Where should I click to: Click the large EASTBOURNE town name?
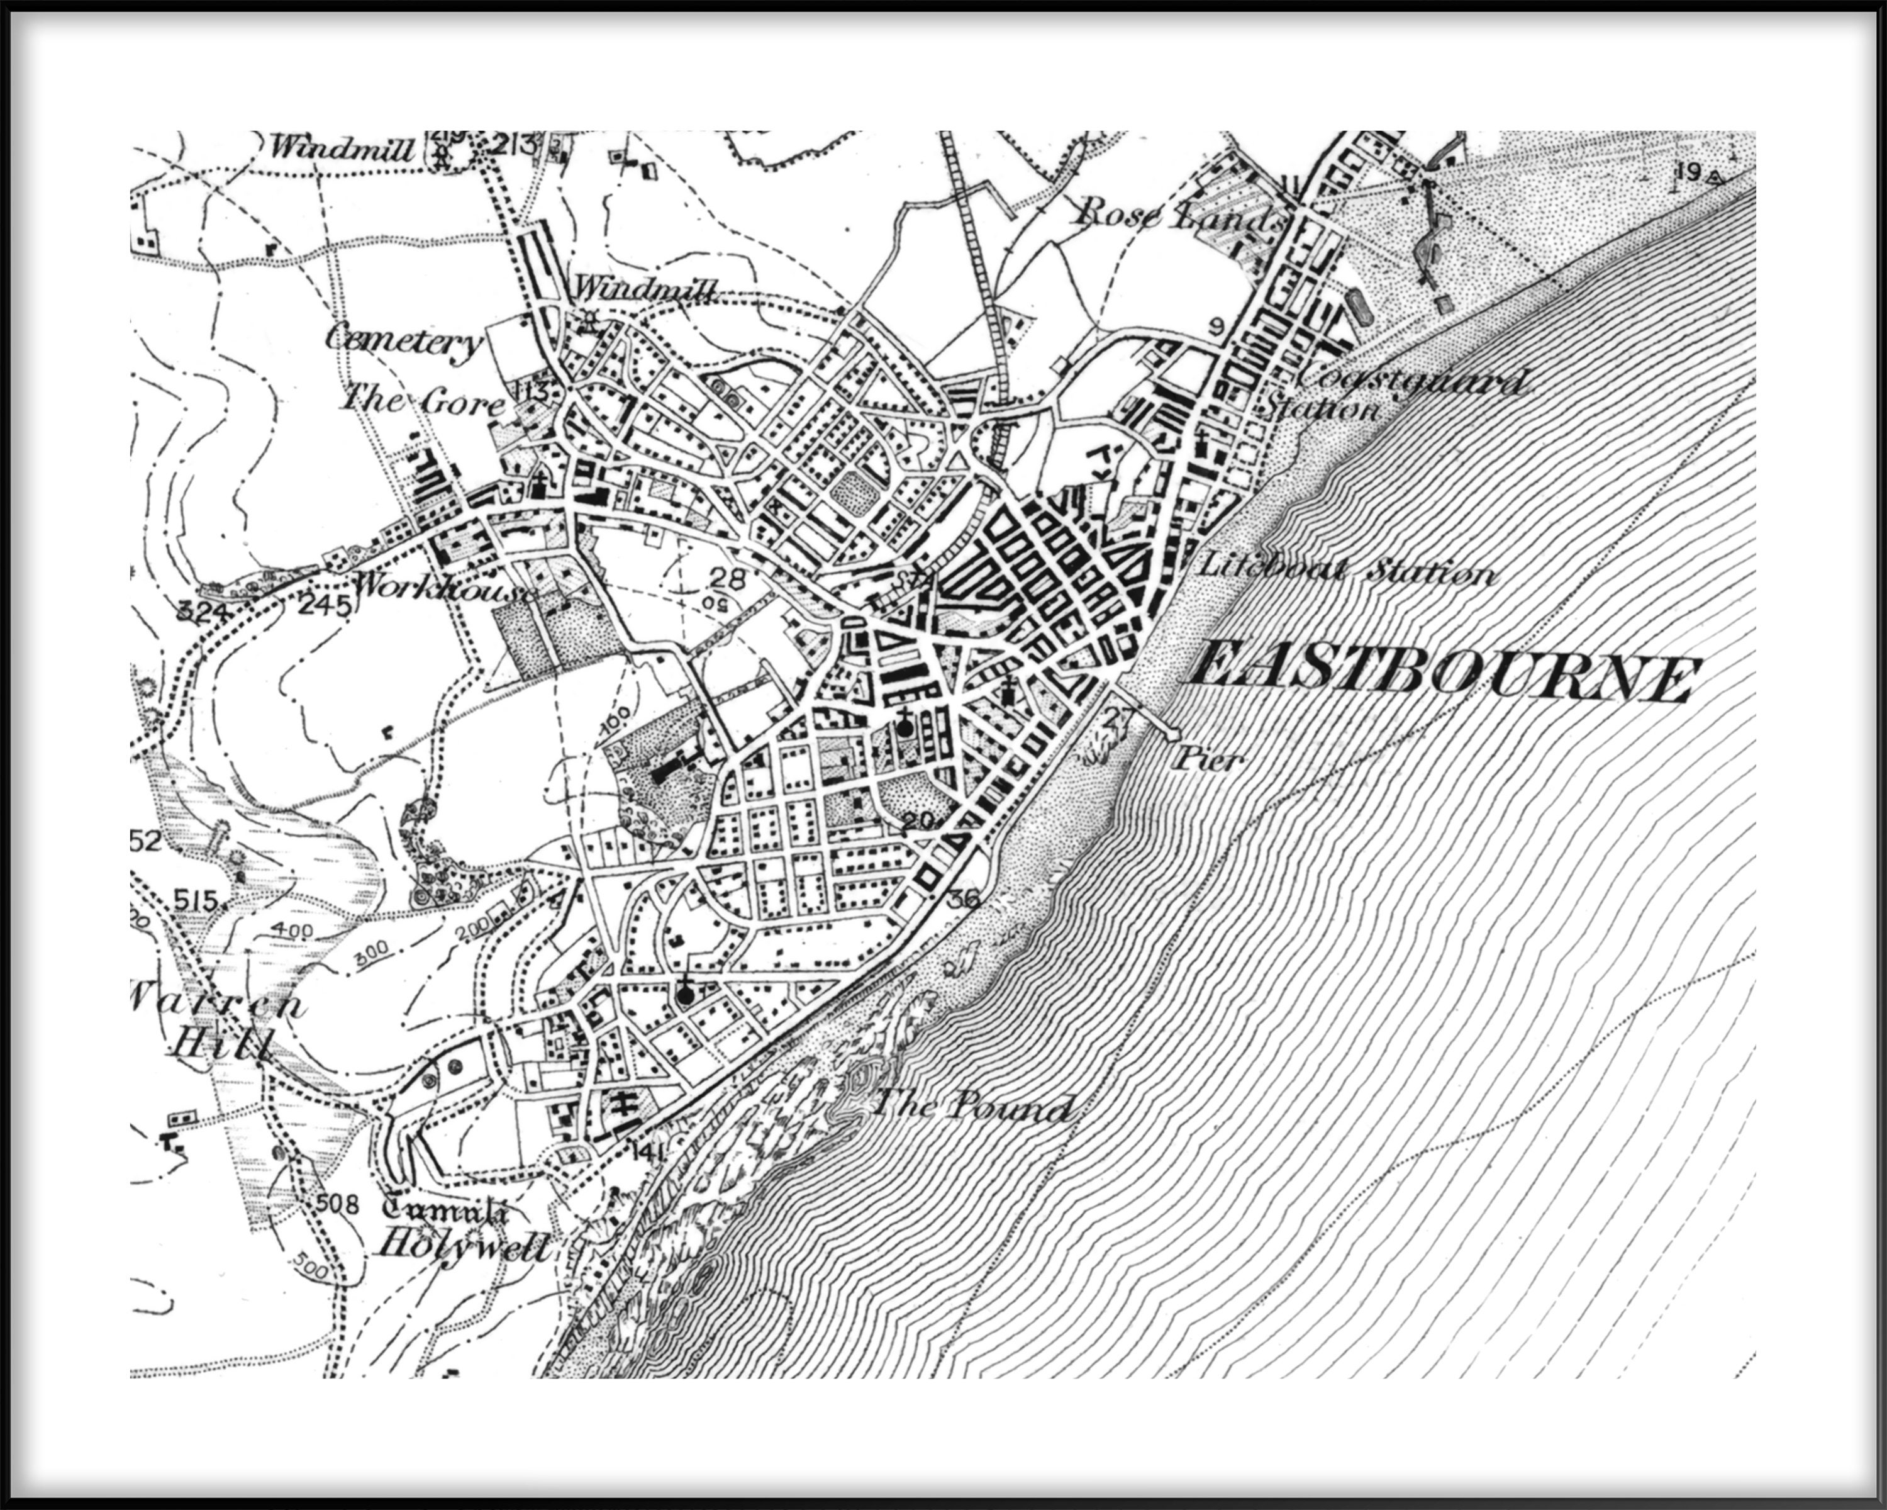(x=1442, y=678)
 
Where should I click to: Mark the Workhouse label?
(x=442, y=586)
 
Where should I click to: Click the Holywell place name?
(x=463, y=1246)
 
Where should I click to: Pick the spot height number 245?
(x=324, y=605)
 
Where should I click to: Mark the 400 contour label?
(x=291, y=931)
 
